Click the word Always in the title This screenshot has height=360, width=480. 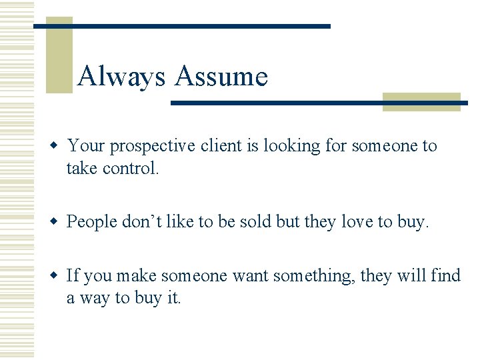click(x=121, y=77)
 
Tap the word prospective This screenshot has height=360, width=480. click(x=154, y=146)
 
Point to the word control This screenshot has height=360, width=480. click(x=131, y=168)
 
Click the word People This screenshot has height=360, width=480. click(x=92, y=221)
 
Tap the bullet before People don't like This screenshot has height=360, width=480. click(x=58, y=221)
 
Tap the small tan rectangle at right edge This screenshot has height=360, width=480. click(x=421, y=101)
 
